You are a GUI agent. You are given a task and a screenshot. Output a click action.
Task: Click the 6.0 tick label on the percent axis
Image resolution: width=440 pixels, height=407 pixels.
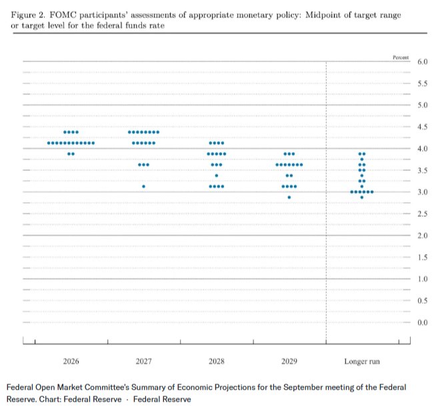click(x=422, y=61)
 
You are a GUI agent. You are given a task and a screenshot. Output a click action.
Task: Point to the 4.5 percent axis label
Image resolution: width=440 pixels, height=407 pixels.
click(x=422, y=127)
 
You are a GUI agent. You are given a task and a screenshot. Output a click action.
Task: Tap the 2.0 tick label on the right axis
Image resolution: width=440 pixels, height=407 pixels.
click(x=422, y=236)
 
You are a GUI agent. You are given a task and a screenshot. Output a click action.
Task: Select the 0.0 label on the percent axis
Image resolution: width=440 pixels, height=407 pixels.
click(x=422, y=322)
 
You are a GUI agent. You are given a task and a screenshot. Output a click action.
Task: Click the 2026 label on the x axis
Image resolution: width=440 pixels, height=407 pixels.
click(x=71, y=361)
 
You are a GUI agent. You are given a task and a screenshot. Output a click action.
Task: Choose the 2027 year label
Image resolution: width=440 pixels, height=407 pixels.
click(x=144, y=361)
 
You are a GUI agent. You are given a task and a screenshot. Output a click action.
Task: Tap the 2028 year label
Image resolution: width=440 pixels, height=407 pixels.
click(x=217, y=361)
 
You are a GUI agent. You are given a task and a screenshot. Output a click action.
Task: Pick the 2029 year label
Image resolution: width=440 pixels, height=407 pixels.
click(x=289, y=361)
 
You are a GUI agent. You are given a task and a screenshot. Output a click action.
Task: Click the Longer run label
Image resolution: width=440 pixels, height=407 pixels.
click(x=362, y=361)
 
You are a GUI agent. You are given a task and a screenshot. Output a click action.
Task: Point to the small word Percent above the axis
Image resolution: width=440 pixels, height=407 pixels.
click(x=401, y=57)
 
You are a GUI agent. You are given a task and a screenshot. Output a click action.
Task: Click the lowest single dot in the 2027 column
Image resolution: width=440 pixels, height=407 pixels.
click(x=144, y=187)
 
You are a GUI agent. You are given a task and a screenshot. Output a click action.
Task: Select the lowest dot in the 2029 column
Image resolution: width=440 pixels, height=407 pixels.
click(x=289, y=197)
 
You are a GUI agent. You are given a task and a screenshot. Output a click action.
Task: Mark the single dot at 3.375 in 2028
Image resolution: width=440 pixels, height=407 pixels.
click(x=217, y=176)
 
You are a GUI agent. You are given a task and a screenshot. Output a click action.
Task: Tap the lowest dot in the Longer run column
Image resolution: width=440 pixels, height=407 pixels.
click(x=362, y=197)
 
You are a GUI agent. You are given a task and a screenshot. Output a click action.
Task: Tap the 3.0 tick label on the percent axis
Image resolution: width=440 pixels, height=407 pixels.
click(x=422, y=192)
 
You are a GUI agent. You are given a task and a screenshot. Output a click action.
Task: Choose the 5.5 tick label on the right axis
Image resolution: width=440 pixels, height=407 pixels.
click(x=422, y=83)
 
